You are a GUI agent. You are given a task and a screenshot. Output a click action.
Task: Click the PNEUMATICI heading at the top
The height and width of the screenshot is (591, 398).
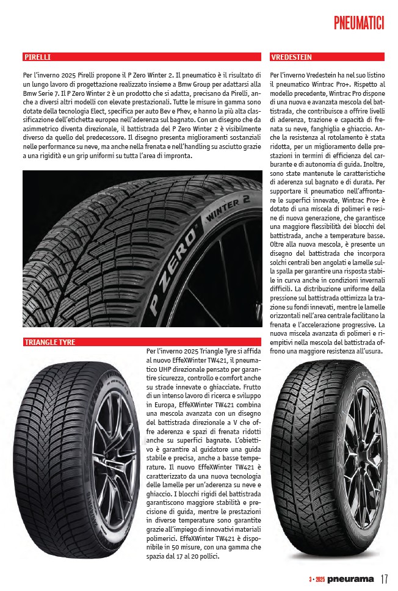(359, 23)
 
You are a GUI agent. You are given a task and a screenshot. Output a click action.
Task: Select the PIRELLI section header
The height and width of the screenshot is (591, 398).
(37, 57)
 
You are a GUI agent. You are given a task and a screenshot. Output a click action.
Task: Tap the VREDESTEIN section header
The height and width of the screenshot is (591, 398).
(291, 57)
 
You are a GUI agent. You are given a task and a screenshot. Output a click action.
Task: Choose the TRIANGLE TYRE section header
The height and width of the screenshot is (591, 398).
(49, 342)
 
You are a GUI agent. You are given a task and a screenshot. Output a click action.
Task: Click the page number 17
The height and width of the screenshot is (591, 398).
(385, 578)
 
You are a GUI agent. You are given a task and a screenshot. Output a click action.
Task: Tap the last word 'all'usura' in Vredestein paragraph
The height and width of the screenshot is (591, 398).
(366, 352)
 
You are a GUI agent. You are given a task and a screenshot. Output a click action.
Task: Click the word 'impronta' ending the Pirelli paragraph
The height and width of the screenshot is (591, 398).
(177, 156)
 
